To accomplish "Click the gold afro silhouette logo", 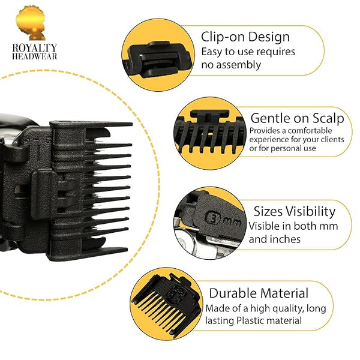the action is click(x=31, y=23).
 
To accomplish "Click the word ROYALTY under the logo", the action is click(x=34, y=48).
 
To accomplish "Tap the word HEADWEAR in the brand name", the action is click(x=34, y=56).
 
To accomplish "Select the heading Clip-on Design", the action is click(x=245, y=37).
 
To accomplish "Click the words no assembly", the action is click(x=231, y=65).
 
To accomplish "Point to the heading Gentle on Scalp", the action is click(x=297, y=119).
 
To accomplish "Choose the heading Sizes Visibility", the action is click(x=295, y=211).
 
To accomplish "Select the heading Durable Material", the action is click(x=259, y=293).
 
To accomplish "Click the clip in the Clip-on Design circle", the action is click(x=158, y=59).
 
